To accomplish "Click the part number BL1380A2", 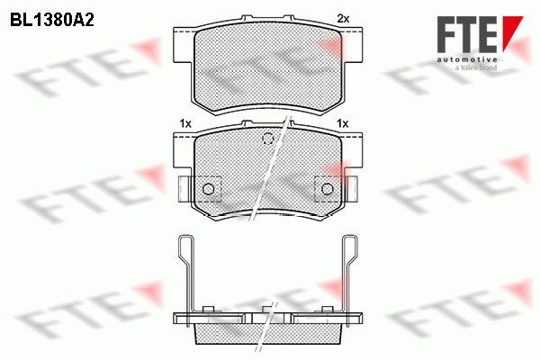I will tap(53, 17).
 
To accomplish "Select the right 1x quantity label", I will tap(342, 122).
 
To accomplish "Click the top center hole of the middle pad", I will tap(266, 139).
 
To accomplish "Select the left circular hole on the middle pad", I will tap(209, 188).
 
